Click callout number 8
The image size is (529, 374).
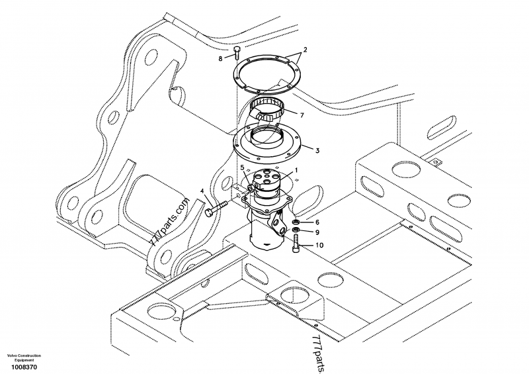pyautogui.click(x=222, y=59)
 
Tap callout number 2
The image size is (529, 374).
pyautogui.click(x=305, y=50)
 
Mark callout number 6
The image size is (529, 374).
pyautogui.click(x=317, y=222)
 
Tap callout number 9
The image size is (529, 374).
pyautogui.click(x=317, y=232)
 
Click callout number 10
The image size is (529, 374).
pyautogui.click(x=319, y=245)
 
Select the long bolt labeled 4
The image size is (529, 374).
pyautogui.click(x=215, y=210)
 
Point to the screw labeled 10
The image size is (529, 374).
pyautogui.click(x=295, y=246)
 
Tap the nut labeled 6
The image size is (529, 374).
pyautogui.click(x=296, y=222)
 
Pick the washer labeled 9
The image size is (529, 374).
pyautogui.click(x=296, y=231)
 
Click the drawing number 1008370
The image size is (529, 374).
pyautogui.click(x=22, y=367)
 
